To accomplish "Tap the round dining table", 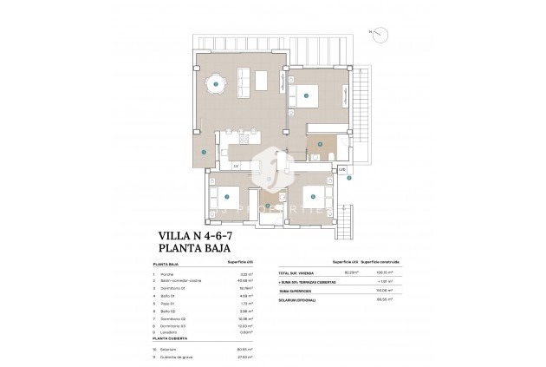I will tap(216, 84).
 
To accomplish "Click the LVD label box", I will tap(341, 168).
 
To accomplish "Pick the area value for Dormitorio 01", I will tap(244, 287).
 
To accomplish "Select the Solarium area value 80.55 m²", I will tap(244, 350).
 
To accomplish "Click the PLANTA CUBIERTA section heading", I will tap(176, 342).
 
